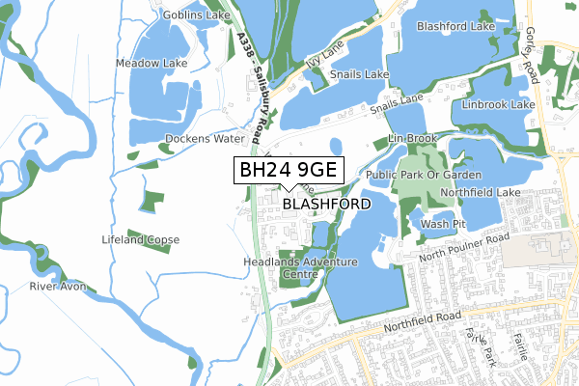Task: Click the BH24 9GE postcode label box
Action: tap(288, 171)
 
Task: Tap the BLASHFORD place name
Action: tap(326, 205)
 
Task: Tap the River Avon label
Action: tap(58, 287)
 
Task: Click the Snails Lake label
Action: tap(359, 74)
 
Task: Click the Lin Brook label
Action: tap(413, 139)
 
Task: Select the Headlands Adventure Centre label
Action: tap(298, 268)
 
